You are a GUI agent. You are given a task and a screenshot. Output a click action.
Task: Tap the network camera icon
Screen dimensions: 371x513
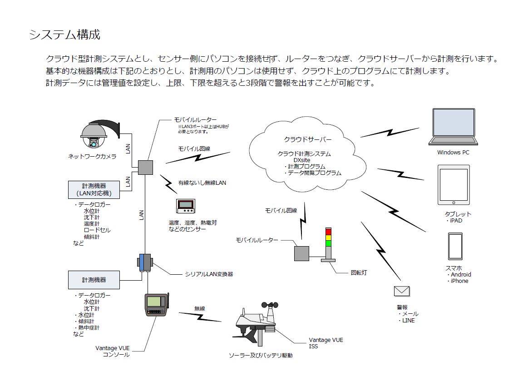[94, 134]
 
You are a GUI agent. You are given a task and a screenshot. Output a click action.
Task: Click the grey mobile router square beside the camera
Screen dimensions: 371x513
[145, 167]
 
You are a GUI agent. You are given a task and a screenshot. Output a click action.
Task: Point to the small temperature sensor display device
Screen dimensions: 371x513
[186, 207]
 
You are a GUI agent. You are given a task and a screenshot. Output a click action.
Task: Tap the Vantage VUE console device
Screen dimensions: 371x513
[156, 305]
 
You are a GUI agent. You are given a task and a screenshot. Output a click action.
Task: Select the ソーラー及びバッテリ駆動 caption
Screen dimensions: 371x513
[261, 356]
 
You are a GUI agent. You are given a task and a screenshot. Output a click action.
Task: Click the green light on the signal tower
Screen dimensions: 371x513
[328, 243]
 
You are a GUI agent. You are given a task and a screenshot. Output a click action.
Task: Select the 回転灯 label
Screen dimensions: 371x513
[359, 273]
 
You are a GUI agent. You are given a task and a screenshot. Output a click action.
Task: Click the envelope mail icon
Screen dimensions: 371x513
[401, 291]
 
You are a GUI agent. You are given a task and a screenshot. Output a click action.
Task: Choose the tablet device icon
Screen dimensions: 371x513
[454, 185]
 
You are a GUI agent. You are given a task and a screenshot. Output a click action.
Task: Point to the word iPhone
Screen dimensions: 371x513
[459, 281]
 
